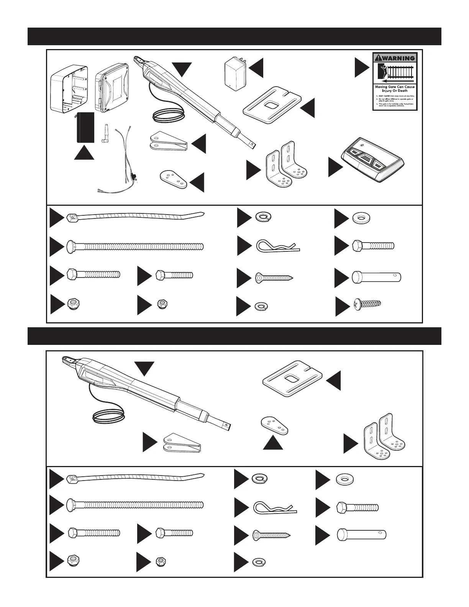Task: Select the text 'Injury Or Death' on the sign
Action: pyautogui.click(x=395, y=91)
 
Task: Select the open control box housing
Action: pyautogui.click(x=70, y=88)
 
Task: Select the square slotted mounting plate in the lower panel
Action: pyautogui.click(x=293, y=379)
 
